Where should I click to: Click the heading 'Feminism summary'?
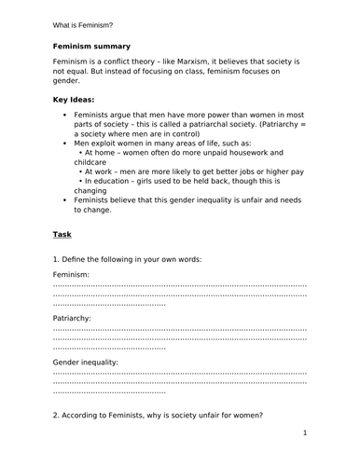[91, 45]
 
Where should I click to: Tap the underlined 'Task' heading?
[61, 235]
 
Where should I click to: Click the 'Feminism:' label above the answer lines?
[72, 275]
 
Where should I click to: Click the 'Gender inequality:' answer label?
[86, 361]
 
